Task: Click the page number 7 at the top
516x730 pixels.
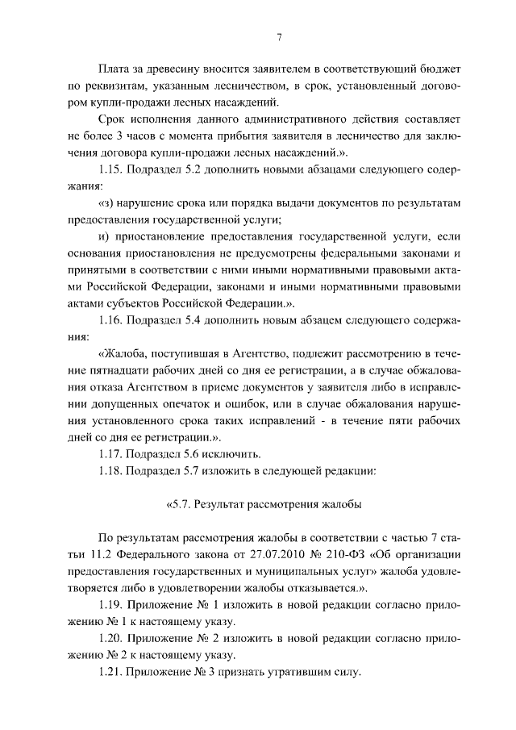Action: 278,36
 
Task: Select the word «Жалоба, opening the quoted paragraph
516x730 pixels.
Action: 125,355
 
